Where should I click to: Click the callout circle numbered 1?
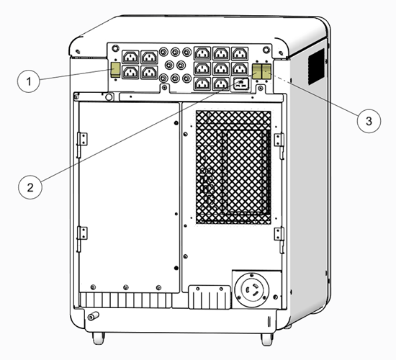(x=29, y=81)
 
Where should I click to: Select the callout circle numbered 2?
(x=30, y=187)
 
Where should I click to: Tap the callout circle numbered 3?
(x=369, y=121)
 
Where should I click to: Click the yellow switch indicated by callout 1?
(x=115, y=70)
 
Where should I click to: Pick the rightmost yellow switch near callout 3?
(x=266, y=71)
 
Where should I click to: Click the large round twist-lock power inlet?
(x=252, y=289)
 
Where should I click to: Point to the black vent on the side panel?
(x=316, y=67)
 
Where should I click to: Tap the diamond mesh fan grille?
(x=233, y=167)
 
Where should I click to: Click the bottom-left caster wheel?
(x=98, y=338)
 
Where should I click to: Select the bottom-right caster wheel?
(x=266, y=340)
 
